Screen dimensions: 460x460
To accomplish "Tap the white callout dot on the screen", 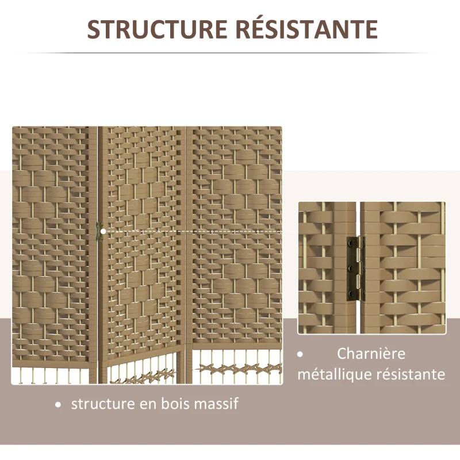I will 103,232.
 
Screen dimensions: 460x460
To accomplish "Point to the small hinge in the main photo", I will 97,231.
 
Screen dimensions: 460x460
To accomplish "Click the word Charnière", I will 371,354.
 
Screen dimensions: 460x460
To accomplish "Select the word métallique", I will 334,374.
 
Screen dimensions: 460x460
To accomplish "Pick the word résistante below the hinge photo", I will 411,374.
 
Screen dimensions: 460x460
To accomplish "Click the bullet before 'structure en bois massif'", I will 57,405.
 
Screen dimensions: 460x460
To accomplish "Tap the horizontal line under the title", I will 230,53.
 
